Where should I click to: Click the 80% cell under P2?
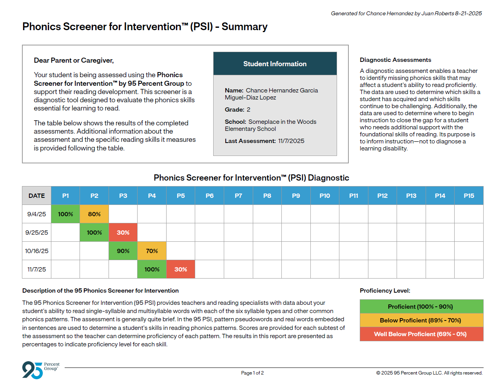(x=94, y=214)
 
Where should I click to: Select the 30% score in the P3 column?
(x=123, y=232)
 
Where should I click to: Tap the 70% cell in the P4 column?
(x=152, y=251)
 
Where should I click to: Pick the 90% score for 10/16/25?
(x=123, y=251)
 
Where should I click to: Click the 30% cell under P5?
(x=181, y=269)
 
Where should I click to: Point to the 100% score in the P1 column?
(x=65, y=214)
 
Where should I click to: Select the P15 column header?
(x=469, y=195)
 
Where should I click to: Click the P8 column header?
(x=267, y=195)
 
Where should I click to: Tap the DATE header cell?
(x=36, y=195)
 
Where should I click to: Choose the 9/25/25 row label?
(x=36, y=232)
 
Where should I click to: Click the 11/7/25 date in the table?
(x=36, y=269)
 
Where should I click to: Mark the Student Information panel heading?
(x=275, y=64)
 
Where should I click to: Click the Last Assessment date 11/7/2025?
(x=291, y=141)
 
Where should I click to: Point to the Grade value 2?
(x=248, y=110)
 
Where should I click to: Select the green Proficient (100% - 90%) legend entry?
(x=421, y=306)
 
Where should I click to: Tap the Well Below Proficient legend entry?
(x=421, y=334)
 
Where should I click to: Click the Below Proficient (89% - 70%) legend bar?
(x=421, y=320)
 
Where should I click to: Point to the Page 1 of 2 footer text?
(x=252, y=373)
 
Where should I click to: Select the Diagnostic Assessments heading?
(x=395, y=60)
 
